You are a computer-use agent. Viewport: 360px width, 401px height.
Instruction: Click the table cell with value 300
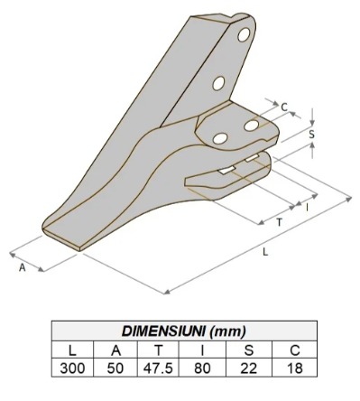pyautogui.click(x=72, y=368)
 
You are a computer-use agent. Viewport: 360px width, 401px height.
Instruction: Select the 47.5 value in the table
pyautogui.click(x=158, y=368)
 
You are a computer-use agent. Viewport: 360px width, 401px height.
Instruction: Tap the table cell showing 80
pyautogui.click(x=202, y=368)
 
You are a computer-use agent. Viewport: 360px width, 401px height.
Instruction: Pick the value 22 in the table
pyautogui.click(x=249, y=368)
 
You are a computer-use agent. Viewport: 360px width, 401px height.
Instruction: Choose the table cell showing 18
pyautogui.click(x=295, y=368)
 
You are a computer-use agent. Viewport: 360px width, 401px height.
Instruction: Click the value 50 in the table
pyautogui.click(x=115, y=368)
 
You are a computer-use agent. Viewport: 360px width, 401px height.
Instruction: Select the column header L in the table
pyautogui.click(x=72, y=350)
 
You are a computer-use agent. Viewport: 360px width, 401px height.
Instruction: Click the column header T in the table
pyautogui.click(x=158, y=350)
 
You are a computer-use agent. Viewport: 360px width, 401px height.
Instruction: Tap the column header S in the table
pyautogui.click(x=249, y=350)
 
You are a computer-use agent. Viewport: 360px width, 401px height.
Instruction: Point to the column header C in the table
pyautogui.click(x=295, y=350)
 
